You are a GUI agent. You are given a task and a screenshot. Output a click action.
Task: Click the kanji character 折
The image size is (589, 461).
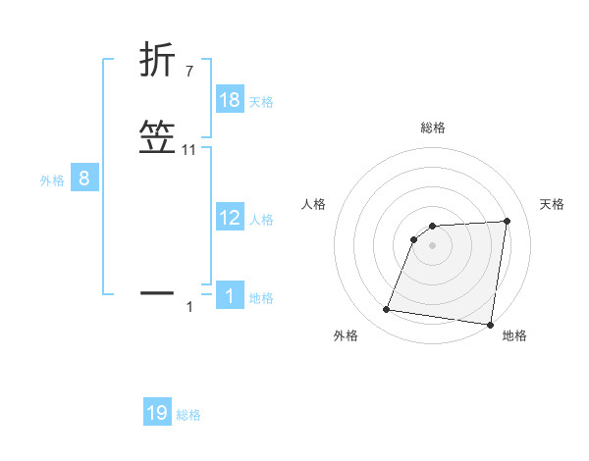pos(158,60)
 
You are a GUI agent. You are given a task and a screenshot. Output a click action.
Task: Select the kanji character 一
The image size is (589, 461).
pos(158,291)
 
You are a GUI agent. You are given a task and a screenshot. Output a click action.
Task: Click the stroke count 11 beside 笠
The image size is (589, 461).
pos(189,150)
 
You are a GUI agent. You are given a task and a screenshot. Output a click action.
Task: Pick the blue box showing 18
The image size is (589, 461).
pos(230,100)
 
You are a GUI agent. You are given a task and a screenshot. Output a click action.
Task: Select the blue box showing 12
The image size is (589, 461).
pos(230,218)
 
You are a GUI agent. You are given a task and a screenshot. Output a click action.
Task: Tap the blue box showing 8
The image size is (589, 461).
pos(84,179)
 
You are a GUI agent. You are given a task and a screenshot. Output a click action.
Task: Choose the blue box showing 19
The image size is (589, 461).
pos(157,413)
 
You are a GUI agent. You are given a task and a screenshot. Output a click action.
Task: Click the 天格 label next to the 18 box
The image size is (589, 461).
pos(261,102)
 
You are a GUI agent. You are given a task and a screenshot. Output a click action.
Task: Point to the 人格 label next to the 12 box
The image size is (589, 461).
pos(261,220)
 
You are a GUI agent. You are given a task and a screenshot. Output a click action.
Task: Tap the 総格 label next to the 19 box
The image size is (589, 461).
pos(188,415)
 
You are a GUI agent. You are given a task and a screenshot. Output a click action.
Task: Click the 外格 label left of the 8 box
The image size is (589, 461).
pos(52,180)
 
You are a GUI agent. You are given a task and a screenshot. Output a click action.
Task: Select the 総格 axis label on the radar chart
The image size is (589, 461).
pos(433,128)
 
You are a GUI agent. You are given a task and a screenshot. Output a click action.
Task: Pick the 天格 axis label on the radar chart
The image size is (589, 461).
pos(552,204)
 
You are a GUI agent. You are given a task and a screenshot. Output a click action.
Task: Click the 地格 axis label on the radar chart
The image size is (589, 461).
pos(514,335)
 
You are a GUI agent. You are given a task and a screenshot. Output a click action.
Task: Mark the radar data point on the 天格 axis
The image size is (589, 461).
pos(508,221)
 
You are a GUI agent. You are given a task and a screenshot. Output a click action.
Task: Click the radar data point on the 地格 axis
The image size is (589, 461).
pos(490,325)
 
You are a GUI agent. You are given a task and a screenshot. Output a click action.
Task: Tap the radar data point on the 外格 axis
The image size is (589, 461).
pos(387,310)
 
